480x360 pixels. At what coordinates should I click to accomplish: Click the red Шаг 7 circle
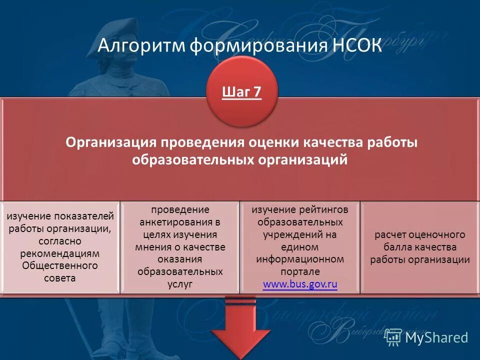point(241,92)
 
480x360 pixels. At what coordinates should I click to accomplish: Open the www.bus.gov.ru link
point(300,284)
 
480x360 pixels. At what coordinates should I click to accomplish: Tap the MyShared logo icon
point(393,337)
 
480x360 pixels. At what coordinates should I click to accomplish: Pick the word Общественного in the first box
point(59,265)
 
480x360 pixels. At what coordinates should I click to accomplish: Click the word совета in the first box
point(59,278)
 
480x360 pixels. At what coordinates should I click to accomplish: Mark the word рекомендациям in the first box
point(59,253)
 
